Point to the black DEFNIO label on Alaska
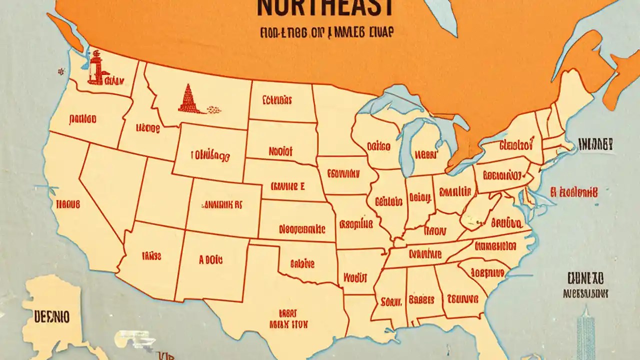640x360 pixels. click(51, 316)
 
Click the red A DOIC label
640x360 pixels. click(210, 260)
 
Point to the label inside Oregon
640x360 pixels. click(83, 119)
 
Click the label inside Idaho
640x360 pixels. click(147, 128)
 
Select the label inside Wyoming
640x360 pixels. click(210, 155)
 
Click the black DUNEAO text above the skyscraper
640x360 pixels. click(585, 277)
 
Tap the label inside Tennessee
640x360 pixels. click(425, 254)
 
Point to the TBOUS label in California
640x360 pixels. click(68, 204)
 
